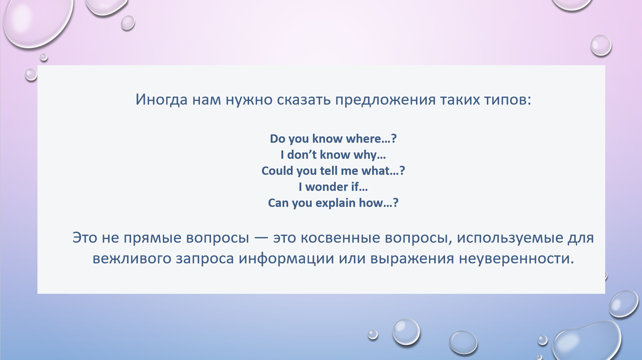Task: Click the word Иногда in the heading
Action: point(162,100)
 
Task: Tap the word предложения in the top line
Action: point(386,100)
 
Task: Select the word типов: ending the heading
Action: point(508,100)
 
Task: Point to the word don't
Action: point(302,154)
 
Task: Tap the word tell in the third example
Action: point(329,170)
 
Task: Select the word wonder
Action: point(327,187)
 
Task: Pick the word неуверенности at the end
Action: point(516,259)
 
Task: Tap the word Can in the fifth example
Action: point(279,203)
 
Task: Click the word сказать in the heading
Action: point(304,100)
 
